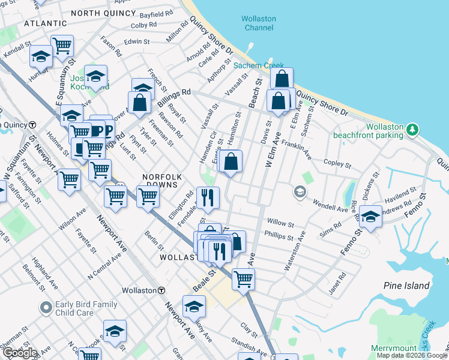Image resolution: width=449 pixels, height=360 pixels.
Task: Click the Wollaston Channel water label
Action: tap(259, 23)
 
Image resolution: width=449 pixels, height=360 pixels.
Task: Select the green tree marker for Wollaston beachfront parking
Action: tap(412, 129)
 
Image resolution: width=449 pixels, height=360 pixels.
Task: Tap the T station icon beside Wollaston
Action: tap(161, 290)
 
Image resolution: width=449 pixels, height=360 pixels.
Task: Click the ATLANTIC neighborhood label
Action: tap(46, 23)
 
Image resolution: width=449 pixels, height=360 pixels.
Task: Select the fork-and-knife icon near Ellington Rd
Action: tap(208, 197)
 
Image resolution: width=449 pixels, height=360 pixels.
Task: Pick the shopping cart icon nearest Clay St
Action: tap(243, 278)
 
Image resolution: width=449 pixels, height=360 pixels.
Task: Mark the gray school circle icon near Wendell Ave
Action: tap(298, 193)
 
